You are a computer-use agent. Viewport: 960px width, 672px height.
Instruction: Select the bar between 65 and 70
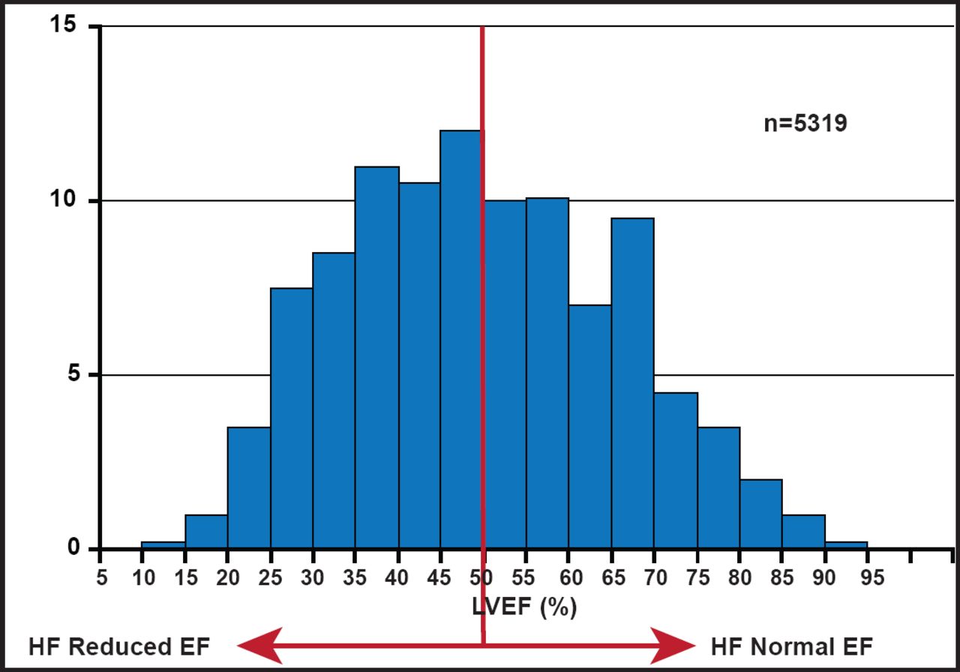coord(632,382)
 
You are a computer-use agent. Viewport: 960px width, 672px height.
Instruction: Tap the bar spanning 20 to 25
coord(249,487)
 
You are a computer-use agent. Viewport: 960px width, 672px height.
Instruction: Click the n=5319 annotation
coord(805,123)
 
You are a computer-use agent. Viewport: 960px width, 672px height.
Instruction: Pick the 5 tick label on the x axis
coord(101,578)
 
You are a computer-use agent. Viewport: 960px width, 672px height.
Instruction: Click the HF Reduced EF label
coord(119,646)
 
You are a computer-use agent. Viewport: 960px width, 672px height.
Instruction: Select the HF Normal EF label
coord(791,646)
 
